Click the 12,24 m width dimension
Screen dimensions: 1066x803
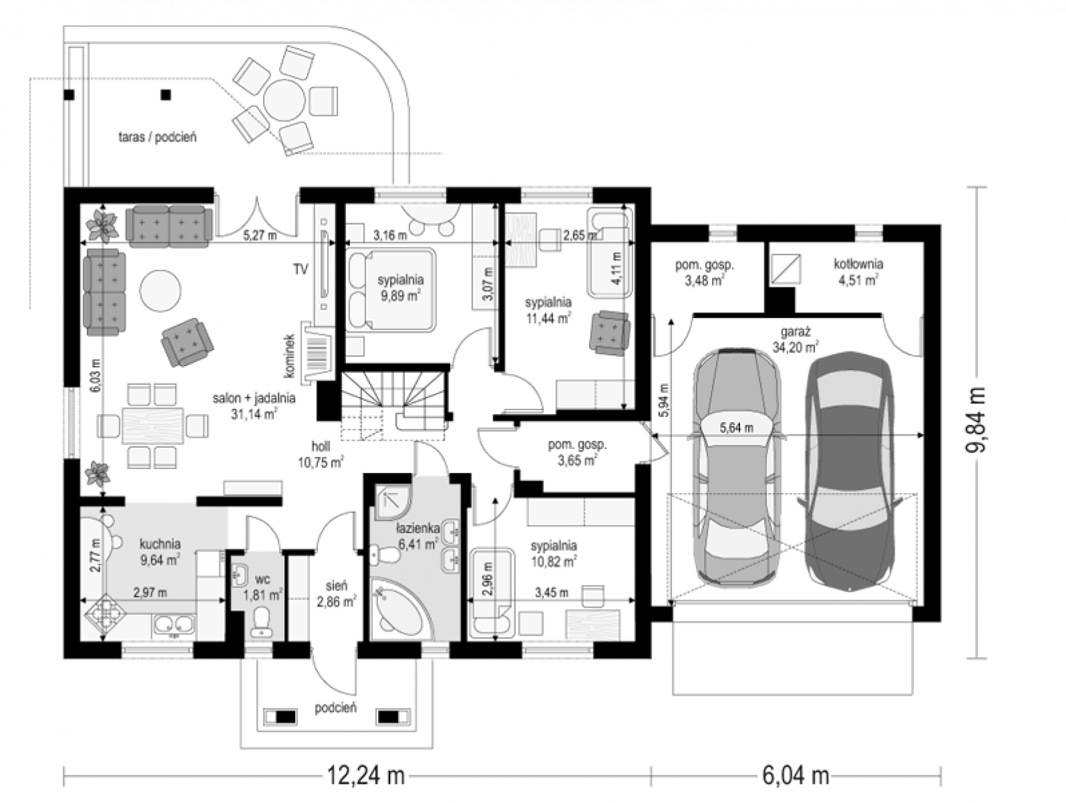365,776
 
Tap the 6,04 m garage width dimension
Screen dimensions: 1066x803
795,776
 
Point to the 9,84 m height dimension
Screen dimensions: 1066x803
975,420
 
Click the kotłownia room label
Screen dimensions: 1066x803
858,264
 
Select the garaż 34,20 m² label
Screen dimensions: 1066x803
795,339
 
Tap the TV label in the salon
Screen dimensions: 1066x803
300,269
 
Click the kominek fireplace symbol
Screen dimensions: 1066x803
317,353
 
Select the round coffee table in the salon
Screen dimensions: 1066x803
160,290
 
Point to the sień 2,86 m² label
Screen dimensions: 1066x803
335,594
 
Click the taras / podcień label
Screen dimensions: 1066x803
157,137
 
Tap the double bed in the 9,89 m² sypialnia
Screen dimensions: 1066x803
390,290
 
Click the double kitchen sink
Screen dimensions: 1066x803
175,625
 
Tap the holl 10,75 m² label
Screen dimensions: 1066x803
321,454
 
